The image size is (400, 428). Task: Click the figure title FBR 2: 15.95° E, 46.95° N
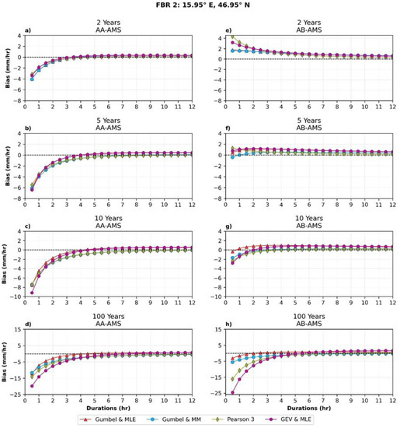[200, 5]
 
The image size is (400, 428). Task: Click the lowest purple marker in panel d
[31, 386]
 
